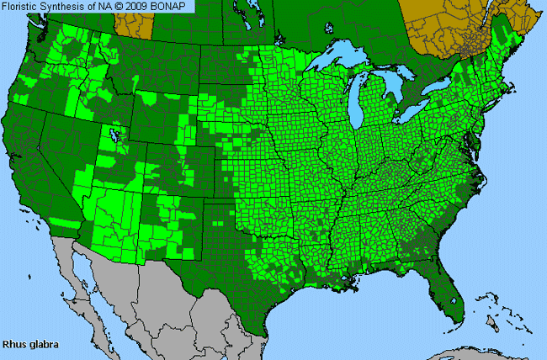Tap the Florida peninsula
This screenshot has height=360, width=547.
442,290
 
